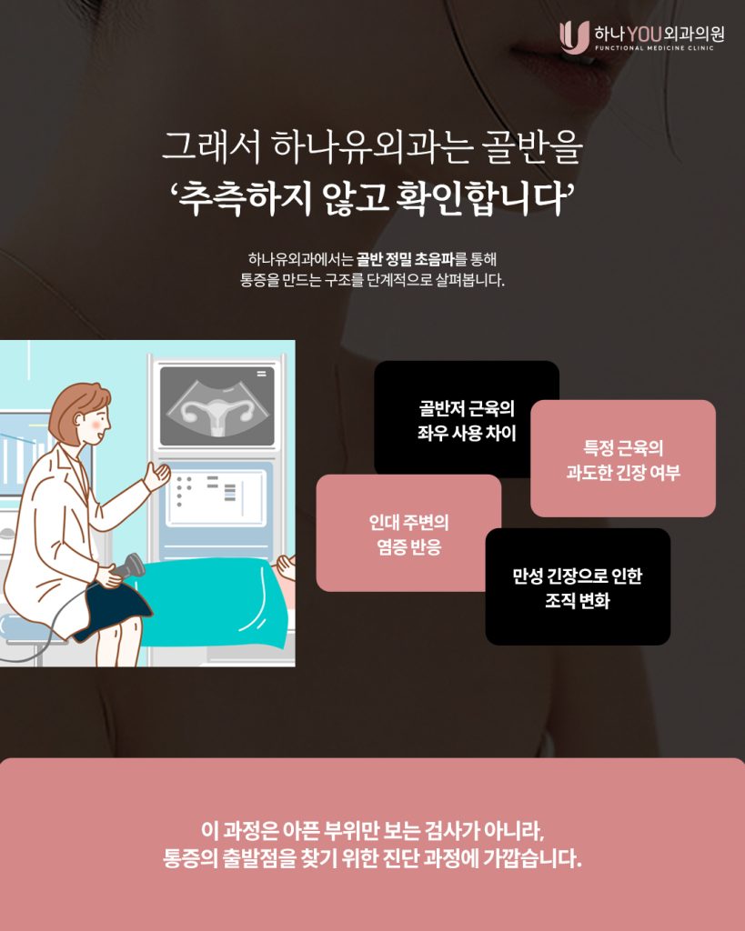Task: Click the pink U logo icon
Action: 574,36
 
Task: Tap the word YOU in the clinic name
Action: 645,35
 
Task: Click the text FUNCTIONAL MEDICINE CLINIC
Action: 655,48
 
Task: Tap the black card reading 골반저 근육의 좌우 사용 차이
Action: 467,418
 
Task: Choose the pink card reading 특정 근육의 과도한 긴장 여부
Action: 622,458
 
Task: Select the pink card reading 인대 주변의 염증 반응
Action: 408,533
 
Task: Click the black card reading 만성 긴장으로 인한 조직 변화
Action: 578,586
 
